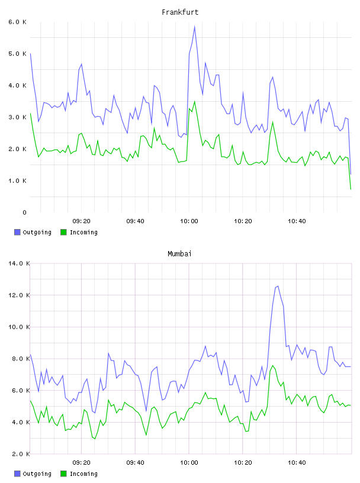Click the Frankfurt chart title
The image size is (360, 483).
180,12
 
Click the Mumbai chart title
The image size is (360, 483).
179,254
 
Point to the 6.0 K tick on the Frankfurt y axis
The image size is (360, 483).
18,22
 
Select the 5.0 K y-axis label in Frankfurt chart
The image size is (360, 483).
18,54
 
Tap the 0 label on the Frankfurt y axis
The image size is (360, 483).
24,212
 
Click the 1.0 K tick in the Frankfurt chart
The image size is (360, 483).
18,181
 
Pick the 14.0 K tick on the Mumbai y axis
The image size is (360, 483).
19,263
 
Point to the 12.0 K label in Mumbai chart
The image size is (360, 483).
19,295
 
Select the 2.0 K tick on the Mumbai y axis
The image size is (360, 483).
19,454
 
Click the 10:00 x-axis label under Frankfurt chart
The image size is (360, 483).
189,221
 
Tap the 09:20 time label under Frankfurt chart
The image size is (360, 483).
81,221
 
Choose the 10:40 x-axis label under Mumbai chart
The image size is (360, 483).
297,463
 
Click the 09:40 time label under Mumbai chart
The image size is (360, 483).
135,463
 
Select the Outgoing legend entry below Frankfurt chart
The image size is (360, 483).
33,232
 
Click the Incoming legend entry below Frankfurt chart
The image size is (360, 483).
79,232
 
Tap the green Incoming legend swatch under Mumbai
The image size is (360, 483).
63,474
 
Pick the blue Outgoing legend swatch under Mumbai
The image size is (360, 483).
17,474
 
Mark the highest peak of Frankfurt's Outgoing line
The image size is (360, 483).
194,27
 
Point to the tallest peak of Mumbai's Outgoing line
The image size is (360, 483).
278,286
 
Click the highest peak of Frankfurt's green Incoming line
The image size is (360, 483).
194,101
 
